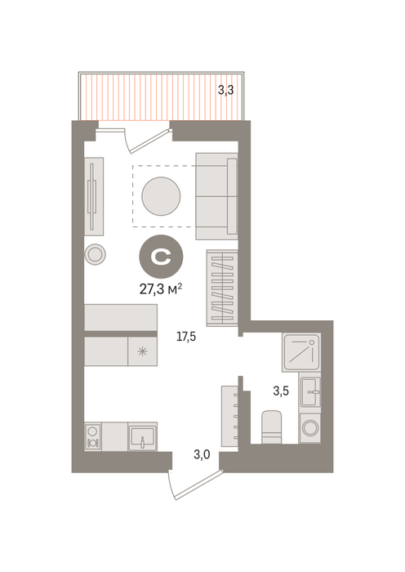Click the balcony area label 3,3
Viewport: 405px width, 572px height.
point(225,90)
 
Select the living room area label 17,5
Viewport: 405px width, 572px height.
point(186,337)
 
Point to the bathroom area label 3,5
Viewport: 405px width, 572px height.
point(281,391)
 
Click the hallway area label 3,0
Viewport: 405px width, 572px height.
point(202,455)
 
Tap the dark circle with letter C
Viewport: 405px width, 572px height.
point(161,257)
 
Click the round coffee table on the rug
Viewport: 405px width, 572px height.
point(161,196)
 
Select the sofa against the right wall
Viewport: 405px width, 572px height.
point(217,196)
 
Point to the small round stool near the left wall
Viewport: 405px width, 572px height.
point(96,254)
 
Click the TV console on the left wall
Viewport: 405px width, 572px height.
point(94,197)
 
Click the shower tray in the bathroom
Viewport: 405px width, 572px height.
point(301,352)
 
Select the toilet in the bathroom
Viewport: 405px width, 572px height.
point(272,427)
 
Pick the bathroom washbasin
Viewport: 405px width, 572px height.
point(310,392)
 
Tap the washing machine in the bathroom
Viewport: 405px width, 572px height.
point(309,428)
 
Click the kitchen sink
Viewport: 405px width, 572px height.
point(143,436)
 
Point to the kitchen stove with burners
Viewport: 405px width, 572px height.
point(93,436)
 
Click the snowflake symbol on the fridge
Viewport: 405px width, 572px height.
point(142,351)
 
